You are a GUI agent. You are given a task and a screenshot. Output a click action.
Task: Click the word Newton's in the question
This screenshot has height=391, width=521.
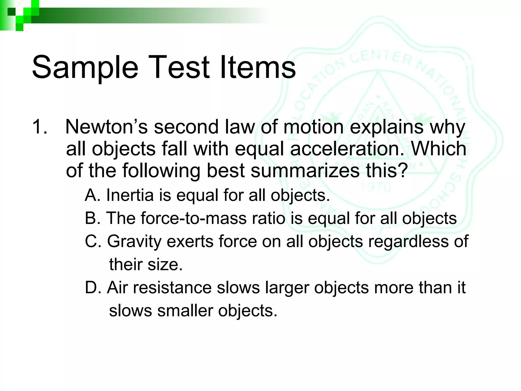pyautogui.click(x=106, y=127)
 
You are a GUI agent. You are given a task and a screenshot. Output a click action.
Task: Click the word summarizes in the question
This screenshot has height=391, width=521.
pyautogui.click(x=305, y=171)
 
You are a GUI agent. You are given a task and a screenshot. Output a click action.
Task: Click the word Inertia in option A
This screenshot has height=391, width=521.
pyautogui.click(x=130, y=195)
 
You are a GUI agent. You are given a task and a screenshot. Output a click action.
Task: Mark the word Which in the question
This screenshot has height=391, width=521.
pyautogui.click(x=439, y=149)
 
